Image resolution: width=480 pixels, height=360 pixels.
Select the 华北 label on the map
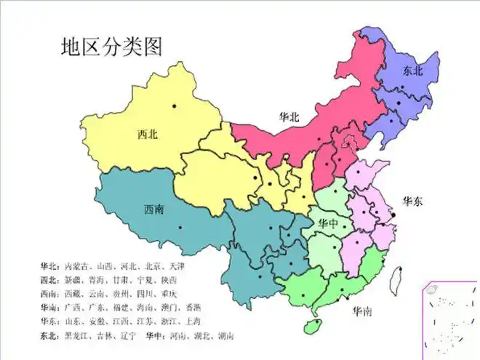[x=289, y=116]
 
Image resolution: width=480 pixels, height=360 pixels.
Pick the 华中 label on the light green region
[x=325, y=223]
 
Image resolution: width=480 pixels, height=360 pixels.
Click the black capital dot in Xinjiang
[x=174, y=107]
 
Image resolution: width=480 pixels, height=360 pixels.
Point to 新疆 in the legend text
[x=73, y=279]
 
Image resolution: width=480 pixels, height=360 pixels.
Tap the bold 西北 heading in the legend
[x=50, y=279]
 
